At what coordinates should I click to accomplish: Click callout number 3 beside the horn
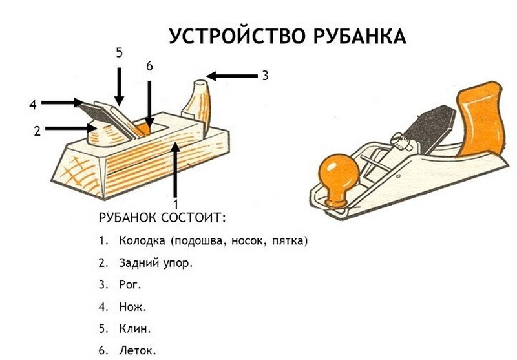pos(265,76)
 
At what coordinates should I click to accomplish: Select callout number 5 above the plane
pos(119,53)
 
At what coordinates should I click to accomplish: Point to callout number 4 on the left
pos(32,103)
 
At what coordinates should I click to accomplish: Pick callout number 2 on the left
pos(37,131)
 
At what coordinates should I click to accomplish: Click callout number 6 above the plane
pos(149,67)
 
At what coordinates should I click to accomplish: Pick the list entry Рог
pos(130,284)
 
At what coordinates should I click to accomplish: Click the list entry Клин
pos(134,328)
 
